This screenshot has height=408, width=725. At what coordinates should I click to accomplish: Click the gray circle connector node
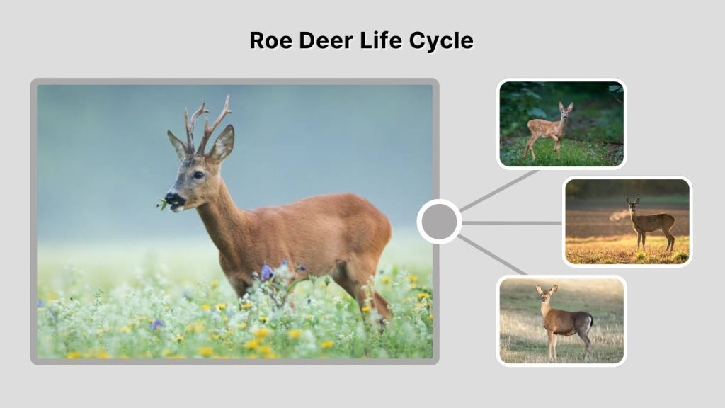[x=439, y=222]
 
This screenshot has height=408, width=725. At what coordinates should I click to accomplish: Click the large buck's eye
[x=198, y=174]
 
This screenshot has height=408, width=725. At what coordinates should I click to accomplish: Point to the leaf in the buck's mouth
[x=162, y=205]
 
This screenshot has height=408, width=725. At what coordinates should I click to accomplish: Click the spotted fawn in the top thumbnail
[x=549, y=129]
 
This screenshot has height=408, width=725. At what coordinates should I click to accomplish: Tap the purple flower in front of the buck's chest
[x=267, y=272]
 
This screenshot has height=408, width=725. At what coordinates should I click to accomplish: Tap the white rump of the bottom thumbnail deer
[x=589, y=323]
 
